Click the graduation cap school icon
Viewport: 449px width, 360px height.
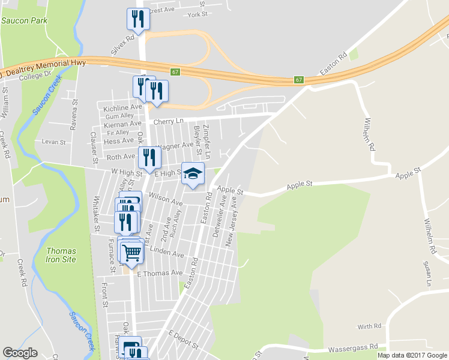click(x=193, y=173)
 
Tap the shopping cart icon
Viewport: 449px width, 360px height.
click(x=131, y=253)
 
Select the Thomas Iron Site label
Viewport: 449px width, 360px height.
click(x=61, y=255)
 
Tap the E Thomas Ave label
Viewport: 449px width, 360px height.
click(x=159, y=273)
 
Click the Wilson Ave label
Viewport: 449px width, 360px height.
click(x=165, y=199)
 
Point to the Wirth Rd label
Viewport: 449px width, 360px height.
click(x=369, y=326)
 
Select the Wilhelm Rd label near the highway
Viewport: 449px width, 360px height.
click(x=369, y=134)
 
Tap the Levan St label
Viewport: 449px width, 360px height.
click(x=53, y=142)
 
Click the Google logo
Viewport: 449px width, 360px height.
click(x=20, y=353)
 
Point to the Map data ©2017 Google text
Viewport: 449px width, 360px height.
click(x=412, y=355)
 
